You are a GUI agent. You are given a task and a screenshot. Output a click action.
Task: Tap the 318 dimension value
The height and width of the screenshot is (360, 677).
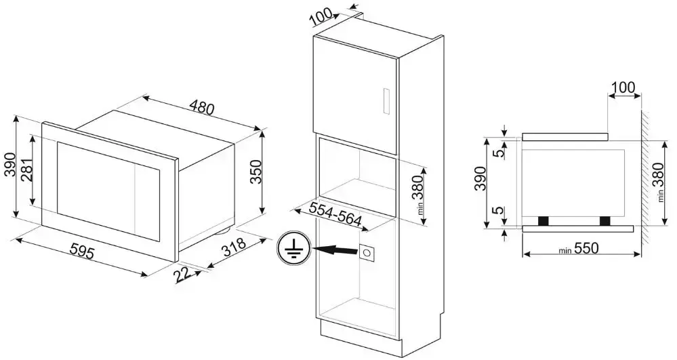coord(233,248)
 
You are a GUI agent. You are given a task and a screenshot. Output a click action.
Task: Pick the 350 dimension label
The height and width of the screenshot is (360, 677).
coord(256,172)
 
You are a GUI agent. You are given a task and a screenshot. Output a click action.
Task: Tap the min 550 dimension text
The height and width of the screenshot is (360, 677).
coord(578,249)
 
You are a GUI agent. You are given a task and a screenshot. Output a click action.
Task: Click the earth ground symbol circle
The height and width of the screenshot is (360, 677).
coord(294,249)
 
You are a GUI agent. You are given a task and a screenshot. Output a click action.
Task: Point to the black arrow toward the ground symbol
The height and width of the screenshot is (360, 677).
coord(336,249)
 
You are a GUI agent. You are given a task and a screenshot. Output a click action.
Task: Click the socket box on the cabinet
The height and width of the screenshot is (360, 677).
coord(368,252)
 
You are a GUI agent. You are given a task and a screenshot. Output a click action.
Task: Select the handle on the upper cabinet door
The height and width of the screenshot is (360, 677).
coord(386,101)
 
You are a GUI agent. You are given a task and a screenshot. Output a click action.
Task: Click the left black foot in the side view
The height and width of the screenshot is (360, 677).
coord(543,220)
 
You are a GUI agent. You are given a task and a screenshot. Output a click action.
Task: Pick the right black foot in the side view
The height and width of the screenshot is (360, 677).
coord(604,220)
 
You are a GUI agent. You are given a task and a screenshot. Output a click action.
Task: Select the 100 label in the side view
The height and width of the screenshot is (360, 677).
coord(623,87)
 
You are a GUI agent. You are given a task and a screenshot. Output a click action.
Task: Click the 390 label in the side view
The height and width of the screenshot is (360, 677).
coord(480,178)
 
